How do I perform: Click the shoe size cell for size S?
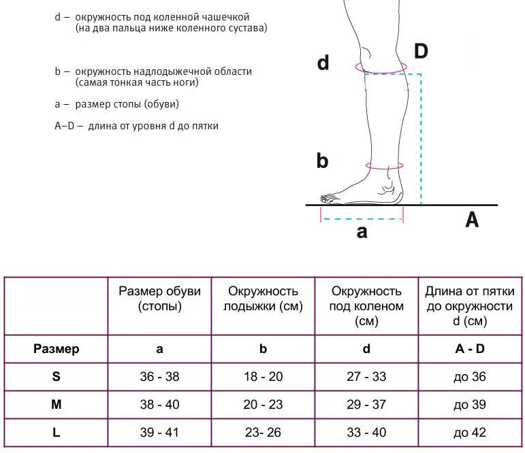coord(160,377)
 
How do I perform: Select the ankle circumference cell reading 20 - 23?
coord(263,405)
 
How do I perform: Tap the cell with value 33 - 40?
coord(366,433)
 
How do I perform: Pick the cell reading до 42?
coord(470,433)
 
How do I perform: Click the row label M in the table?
coord(57,405)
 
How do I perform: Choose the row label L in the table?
coord(57,433)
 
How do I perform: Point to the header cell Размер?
coord(57,349)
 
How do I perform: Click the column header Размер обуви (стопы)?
coord(160,299)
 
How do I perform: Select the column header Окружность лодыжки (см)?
coord(263,299)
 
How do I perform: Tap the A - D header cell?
coord(470,349)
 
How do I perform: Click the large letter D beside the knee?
coord(421,51)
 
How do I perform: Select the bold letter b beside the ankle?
coord(322,161)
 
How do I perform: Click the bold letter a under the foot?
coord(362,231)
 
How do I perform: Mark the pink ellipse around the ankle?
coord(384,165)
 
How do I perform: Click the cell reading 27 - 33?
coord(366,377)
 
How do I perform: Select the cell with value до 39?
coord(470,405)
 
